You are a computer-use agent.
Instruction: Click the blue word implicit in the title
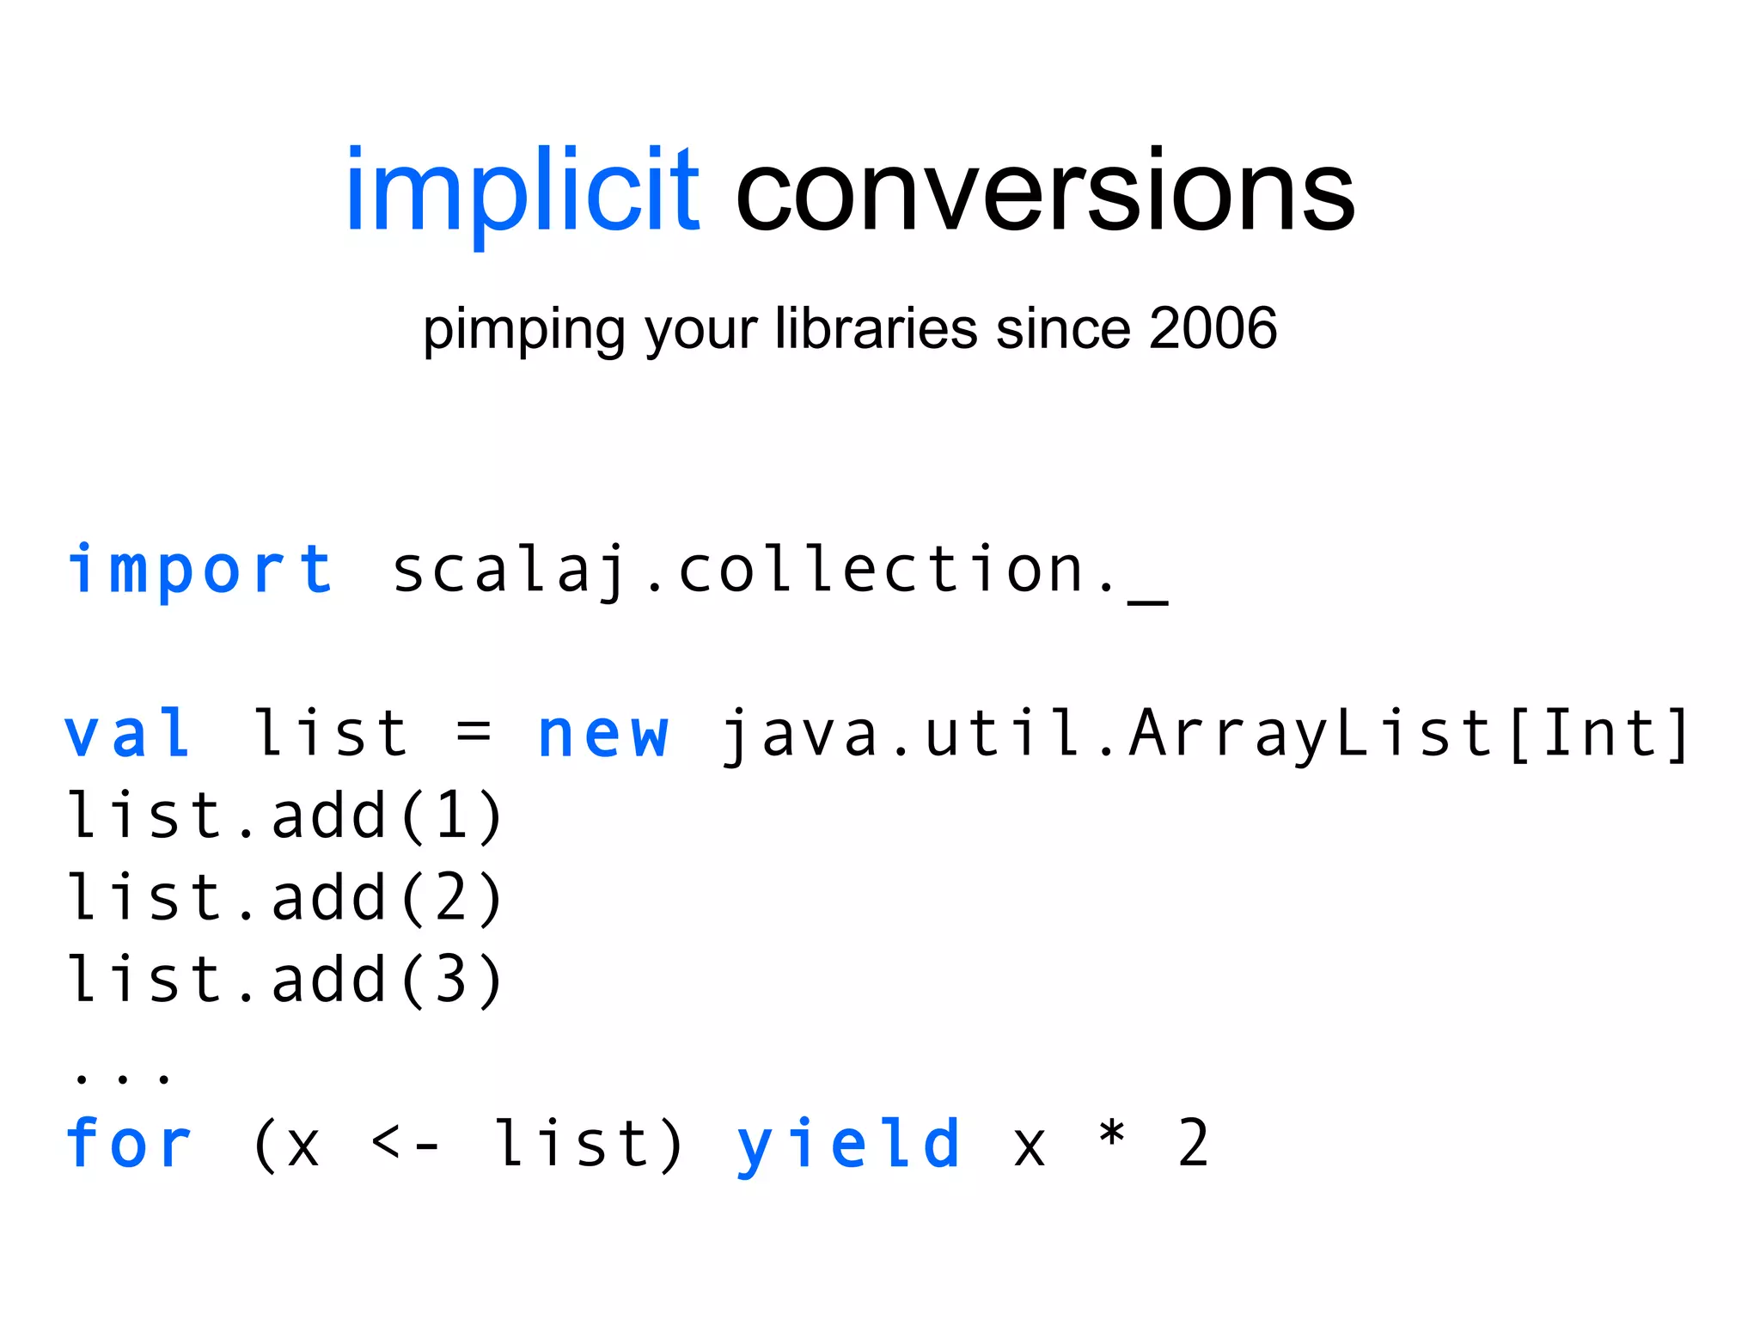(522, 191)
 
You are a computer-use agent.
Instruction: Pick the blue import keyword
(199, 570)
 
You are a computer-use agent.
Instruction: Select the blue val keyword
(128, 734)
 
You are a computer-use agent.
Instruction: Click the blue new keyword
(602, 736)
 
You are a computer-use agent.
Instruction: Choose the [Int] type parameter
(1599, 734)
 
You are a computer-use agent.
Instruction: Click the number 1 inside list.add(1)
(451, 816)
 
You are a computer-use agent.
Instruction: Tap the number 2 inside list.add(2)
(451, 897)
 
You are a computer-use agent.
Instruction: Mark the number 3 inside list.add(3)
(451, 980)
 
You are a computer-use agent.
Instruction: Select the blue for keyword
(128, 1144)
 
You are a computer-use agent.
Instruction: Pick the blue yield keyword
(848, 1146)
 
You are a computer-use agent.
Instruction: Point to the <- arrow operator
(406, 1144)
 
